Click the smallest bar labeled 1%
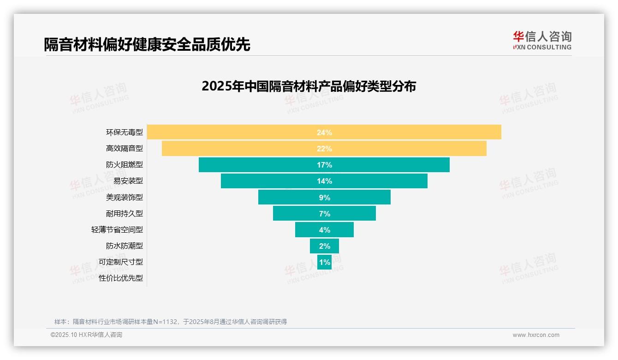[x=324, y=262]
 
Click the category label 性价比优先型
[x=121, y=278]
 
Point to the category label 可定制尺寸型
[x=121, y=262]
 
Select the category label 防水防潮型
[x=125, y=246]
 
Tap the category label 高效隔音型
[x=125, y=149]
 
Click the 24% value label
[x=324, y=132]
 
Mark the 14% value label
[x=324, y=181]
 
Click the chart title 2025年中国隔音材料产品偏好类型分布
[x=309, y=86]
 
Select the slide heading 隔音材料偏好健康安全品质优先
[x=147, y=44]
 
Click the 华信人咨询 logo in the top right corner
[x=542, y=40]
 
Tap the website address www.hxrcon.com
[x=536, y=335]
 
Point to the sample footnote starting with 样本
[x=171, y=322]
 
